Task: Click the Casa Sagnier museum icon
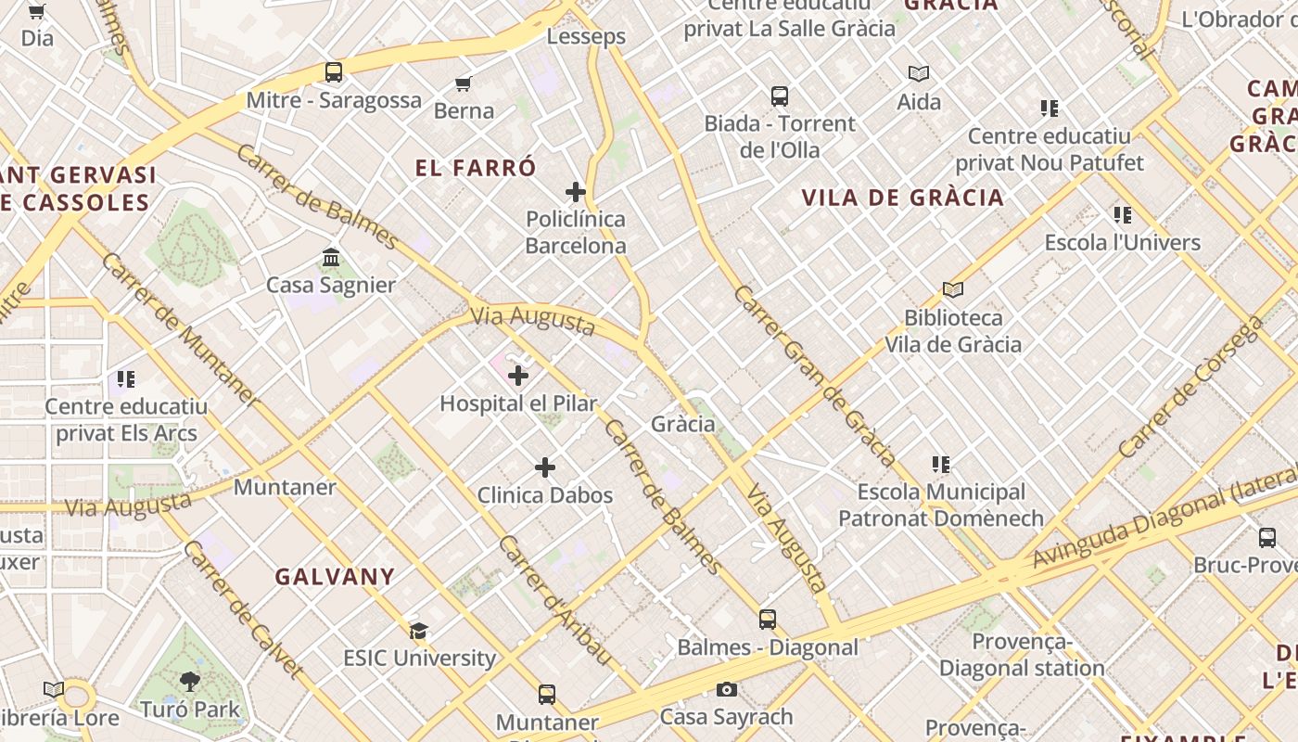(x=331, y=257)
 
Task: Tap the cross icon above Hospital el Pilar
(x=518, y=376)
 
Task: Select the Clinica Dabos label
(x=544, y=495)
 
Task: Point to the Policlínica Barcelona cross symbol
(x=576, y=192)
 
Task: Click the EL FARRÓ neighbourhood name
(x=476, y=168)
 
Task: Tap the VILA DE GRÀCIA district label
(x=902, y=198)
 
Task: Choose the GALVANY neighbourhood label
(x=335, y=577)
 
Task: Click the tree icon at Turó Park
(x=190, y=682)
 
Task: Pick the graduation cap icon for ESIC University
(x=419, y=631)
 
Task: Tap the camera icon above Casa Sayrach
(x=727, y=689)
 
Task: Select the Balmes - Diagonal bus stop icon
(x=768, y=619)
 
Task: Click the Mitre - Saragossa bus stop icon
(x=334, y=71)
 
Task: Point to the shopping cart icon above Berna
(x=464, y=83)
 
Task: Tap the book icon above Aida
(x=919, y=73)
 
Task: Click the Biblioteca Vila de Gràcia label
(x=952, y=331)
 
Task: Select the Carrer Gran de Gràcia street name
(x=814, y=376)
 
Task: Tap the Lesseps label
(x=586, y=37)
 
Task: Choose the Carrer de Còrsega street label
(x=1190, y=387)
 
